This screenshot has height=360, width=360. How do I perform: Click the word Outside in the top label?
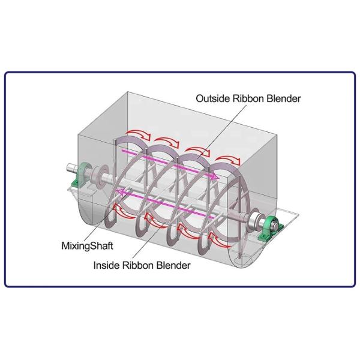point(213,99)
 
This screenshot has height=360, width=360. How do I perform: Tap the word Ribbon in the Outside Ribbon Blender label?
point(248,99)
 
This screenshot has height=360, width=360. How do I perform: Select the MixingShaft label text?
point(87,246)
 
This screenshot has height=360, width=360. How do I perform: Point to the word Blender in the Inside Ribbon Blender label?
point(173,265)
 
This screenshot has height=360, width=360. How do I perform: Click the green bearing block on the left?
point(80,175)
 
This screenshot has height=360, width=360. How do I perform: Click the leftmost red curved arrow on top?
point(138,134)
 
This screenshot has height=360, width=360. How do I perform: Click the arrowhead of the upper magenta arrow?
point(214,176)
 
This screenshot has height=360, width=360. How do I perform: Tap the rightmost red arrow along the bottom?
point(218,239)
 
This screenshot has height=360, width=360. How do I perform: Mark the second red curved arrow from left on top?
point(167,142)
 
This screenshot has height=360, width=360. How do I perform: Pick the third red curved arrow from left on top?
point(197,152)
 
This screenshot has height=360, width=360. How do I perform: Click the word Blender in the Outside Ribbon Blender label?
point(284,99)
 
